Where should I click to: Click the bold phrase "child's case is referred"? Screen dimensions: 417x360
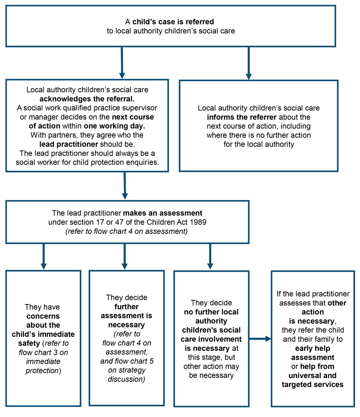coord(173,22)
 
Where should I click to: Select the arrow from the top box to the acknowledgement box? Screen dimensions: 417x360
coord(122,63)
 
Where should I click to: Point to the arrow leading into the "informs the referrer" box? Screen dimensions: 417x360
coord(248,63)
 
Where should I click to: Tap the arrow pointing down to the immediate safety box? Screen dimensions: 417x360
coord(44,257)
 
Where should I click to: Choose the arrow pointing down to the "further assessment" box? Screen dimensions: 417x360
coord(125,257)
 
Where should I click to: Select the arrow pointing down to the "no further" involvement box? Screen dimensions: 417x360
coord(210,257)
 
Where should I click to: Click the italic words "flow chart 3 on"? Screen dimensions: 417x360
coord(43,352)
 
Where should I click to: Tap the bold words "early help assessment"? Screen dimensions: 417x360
coord(312,353)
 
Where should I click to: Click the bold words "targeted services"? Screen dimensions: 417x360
coord(312,384)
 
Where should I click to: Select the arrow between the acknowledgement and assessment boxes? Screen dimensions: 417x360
coord(125,186)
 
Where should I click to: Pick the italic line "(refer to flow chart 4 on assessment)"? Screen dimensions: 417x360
coord(127,231)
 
